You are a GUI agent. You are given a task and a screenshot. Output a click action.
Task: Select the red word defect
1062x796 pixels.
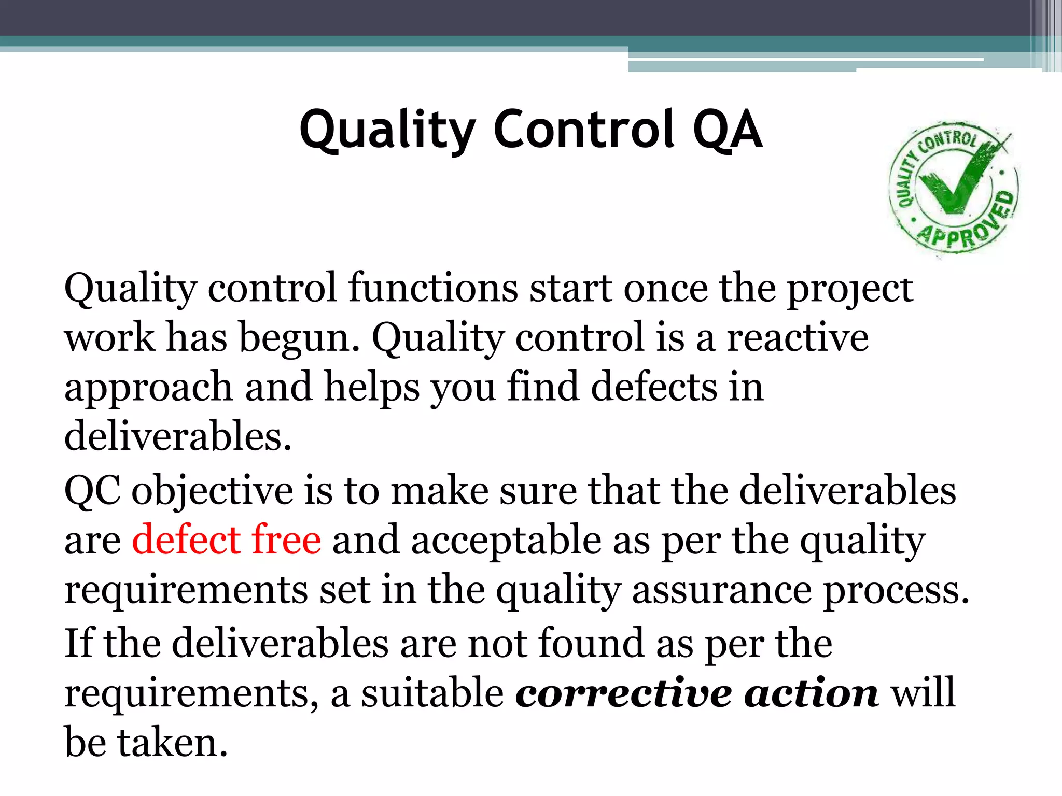[x=185, y=539]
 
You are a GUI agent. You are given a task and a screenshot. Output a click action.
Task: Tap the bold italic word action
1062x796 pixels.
[x=811, y=693]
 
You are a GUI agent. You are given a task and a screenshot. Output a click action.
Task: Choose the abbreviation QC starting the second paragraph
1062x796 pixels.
[x=92, y=490]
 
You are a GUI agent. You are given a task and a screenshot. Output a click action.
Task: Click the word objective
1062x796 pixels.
[x=212, y=491]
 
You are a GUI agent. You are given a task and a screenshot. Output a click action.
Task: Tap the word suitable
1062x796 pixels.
[x=432, y=693]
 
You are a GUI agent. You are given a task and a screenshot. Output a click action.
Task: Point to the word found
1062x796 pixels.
[x=591, y=643]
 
